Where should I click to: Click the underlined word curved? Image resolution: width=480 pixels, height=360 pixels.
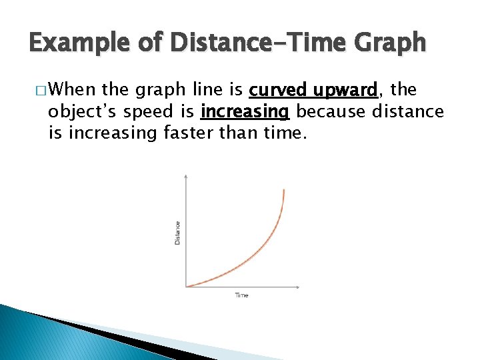click(280, 89)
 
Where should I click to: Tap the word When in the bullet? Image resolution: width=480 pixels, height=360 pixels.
click(73, 89)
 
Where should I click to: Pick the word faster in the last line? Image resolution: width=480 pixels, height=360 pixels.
click(192, 133)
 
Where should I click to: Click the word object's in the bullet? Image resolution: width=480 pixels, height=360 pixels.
click(78, 111)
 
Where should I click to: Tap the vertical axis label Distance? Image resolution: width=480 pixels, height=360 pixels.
click(177, 232)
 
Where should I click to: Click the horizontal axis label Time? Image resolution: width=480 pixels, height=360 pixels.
click(241, 295)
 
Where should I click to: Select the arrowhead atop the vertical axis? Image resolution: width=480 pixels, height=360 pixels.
click(186, 175)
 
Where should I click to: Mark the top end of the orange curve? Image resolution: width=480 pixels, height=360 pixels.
click(284, 190)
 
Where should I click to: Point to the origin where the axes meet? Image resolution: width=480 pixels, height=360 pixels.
click(186, 287)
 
